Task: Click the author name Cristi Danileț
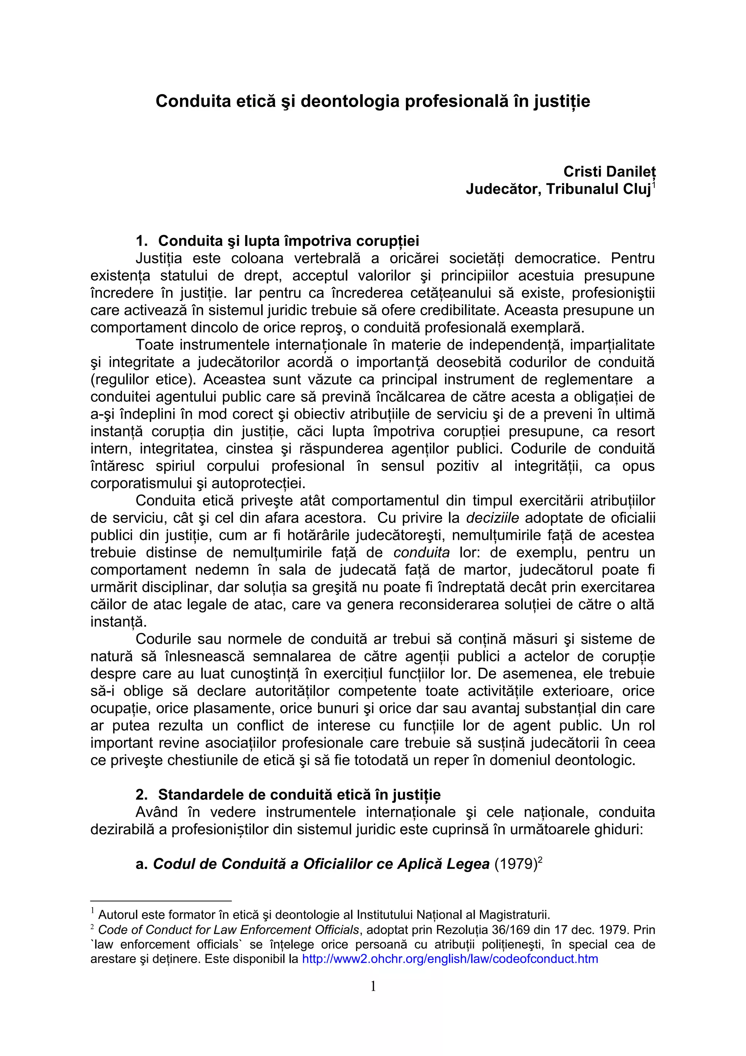pyautogui.click(x=609, y=172)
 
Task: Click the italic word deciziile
pyautogui.click(x=492, y=518)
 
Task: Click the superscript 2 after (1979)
pyautogui.click(x=540, y=859)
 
